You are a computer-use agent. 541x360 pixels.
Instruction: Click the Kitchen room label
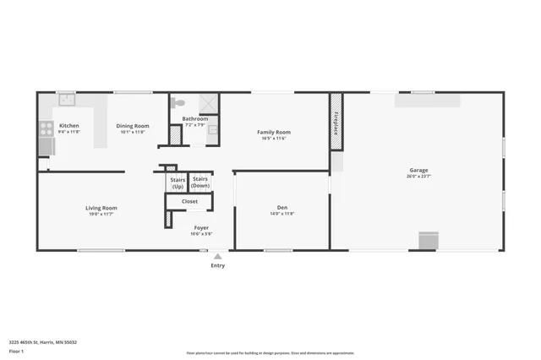tap(68, 126)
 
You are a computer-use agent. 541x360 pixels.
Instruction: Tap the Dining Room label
tap(133, 126)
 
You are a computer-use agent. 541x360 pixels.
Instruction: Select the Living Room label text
tap(101, 208)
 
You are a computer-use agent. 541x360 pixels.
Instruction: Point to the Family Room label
tap(273, 132)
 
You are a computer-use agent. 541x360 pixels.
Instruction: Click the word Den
tap(282, 208)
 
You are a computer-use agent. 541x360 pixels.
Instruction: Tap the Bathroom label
tap(194, 119)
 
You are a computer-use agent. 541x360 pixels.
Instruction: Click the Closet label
tap(190, 201)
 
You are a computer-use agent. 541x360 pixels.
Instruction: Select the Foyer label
tap(201, 227)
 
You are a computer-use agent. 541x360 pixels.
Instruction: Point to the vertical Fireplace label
tap(336, 123)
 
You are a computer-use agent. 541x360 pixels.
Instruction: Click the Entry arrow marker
tap(217, 256)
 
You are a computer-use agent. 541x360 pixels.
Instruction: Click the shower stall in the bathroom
tap(208, 102)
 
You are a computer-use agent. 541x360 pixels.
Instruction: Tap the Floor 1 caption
tap(15, 350)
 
